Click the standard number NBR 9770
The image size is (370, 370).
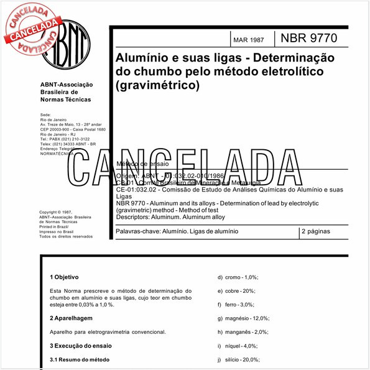(309, 38)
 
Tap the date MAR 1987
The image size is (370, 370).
(248, 40)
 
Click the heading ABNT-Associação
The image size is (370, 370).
(66, 84)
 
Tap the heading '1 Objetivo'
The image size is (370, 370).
(65, 277)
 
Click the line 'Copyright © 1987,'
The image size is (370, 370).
(61, 211)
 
